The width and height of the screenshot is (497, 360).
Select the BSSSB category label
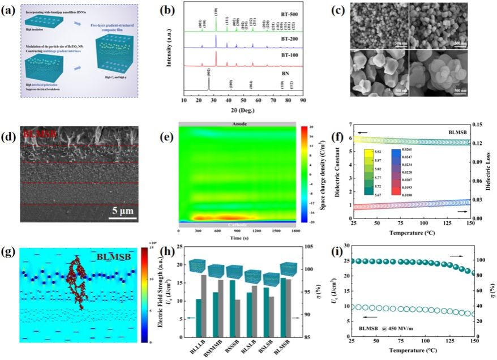(230, 349)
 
